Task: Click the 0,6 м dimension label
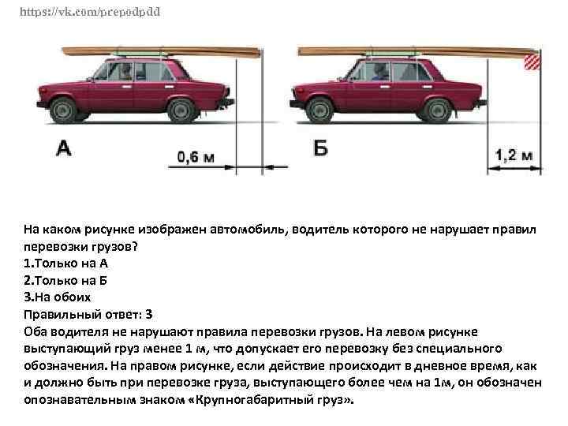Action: click(x=196, y=157)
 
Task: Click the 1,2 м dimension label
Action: click(x=514, y=155)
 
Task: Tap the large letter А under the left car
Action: click(x=64, y=148)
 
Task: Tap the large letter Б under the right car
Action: click(x=320, y=148)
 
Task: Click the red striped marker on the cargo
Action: click(x=532, y=62)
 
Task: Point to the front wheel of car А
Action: click(x=64, y=110)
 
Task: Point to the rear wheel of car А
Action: click(x=182, y=110)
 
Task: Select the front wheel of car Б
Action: click(x=319, y=110)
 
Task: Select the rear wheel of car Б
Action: click(x=438, y=110)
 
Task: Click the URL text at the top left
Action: click(x=90, y=12)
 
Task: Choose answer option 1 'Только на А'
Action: click(x=65, y=263)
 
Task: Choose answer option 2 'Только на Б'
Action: click(x=65, y=280)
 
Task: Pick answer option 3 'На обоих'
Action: click(x=58, y=297)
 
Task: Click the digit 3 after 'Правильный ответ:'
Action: click(x=148, y=315)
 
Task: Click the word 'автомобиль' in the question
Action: click(x=248, y=230)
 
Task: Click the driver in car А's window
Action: click(x=125, y=71)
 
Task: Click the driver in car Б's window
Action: click(x=379, y=71)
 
